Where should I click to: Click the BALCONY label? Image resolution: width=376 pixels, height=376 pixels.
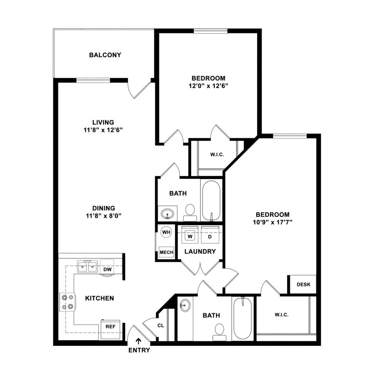(105, 55)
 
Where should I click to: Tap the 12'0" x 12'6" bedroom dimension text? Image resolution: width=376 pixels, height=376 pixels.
(208, 86)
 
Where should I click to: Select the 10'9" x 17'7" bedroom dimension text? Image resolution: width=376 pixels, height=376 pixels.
(273, 222)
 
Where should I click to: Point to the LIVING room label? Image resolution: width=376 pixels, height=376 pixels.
(103, 122)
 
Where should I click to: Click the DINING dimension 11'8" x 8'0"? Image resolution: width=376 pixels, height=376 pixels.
(103, 216)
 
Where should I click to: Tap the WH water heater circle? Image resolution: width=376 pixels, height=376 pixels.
(166, 232)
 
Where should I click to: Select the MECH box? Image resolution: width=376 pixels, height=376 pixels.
(166, 252)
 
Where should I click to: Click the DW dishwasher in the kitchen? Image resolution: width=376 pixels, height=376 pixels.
(107, 267)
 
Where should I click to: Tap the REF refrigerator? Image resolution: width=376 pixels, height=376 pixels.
(110, 330)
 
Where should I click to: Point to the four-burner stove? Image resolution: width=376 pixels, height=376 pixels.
(67, 302)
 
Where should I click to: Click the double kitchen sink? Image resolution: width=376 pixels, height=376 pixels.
(87, 267)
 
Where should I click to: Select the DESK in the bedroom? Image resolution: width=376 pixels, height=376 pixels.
(303, 284)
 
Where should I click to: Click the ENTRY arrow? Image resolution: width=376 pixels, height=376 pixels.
(139, 341)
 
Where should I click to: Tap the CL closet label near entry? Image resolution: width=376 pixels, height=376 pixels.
(161, 325)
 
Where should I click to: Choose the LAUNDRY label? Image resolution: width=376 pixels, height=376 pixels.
(200, 251)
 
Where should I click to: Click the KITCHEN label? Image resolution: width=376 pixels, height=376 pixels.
(99, 298)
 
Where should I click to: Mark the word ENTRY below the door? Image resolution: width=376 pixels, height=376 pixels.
(139, 350)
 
